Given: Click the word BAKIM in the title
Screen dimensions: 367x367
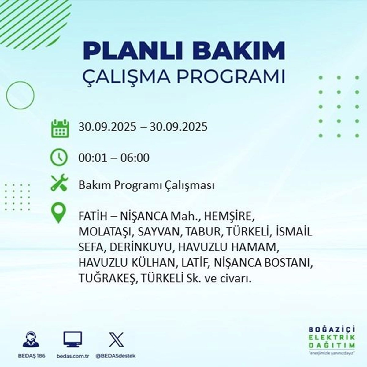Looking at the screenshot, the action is (x=240, y=50).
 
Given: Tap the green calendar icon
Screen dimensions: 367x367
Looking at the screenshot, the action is (x=60, y=128).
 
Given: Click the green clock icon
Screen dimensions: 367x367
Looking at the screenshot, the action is (x=59, y=158).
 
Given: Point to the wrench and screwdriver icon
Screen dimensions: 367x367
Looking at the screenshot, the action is (x=59, y=183).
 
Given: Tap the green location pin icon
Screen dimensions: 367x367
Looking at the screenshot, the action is (x=59, y=213).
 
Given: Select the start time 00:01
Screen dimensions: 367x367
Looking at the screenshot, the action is (x=93, y=158).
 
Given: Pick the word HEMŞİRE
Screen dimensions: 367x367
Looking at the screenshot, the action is (x=229, y=217).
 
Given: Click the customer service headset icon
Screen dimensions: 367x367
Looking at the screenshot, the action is (x=31, y=339).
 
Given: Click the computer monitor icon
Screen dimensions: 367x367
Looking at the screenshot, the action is (x=72, y=339).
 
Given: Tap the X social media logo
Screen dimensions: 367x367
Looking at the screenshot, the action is (x=116, y=339).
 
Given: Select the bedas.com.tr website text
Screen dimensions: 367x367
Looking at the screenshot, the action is (x=73, y=356).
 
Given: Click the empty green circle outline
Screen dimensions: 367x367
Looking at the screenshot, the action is (x=20, y=82).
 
